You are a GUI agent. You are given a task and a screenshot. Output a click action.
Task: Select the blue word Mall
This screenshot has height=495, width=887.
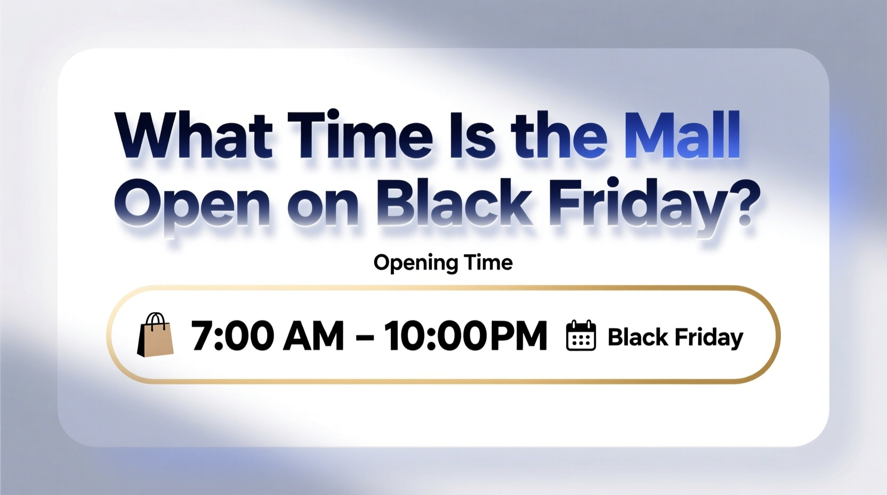(682, 136)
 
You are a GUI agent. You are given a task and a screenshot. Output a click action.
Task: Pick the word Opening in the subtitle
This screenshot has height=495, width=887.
(415, 263)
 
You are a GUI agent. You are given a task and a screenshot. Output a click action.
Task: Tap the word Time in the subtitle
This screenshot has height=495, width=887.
(488, 262)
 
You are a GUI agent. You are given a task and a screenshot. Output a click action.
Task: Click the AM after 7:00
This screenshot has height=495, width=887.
(313, 336)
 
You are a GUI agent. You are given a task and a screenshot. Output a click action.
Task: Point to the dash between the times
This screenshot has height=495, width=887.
(364, 337)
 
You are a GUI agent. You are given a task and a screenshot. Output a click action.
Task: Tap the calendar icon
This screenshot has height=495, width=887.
(580, 336)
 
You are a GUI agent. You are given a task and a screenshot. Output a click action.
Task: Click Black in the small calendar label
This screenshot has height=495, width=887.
(638, 337)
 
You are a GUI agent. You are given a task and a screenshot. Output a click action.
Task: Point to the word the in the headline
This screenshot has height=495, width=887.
(559, 136)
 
